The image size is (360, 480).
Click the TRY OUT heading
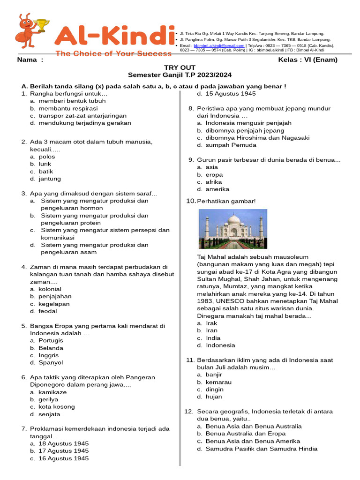click(180, 67)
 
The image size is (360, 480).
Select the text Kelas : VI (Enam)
click(307, 60)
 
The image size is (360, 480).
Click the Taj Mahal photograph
click(233, 229)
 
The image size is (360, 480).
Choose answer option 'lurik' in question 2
click(45, 164)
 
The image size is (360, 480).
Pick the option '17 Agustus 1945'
click(63, 451)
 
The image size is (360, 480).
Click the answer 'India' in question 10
click(213, 338)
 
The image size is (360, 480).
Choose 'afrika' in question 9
click(214, 182)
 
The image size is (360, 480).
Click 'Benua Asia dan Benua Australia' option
click(254, 427)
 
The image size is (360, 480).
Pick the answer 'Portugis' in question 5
click(51, 341)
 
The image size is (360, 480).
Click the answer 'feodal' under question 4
click(48, 311)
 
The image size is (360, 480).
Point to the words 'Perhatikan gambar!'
click(226, 201)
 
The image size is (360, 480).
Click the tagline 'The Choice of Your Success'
click(113, 53)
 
